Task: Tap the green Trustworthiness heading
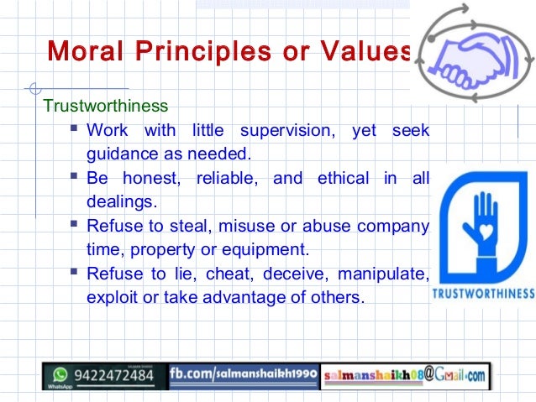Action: tap(106, 107)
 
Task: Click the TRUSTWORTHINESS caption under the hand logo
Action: tap(482, 294)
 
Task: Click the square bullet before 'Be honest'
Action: tap(76, 177)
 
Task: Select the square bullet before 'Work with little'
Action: tap(76, 130)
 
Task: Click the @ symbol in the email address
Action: tap(428, 373)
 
